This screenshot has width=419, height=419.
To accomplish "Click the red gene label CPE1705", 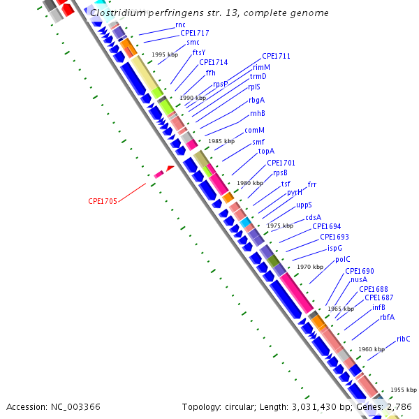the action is tap(102, 201).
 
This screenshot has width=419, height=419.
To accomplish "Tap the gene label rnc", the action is tap(180, 24).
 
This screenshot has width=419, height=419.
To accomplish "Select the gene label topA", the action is tap(266, 151).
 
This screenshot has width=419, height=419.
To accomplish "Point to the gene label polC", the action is tap(342, 259).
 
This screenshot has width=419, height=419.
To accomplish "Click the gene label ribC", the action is tap(404, 339).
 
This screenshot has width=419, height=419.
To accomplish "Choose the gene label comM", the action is tap(254, 130).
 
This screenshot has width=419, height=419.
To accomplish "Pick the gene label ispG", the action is tap(335, 248).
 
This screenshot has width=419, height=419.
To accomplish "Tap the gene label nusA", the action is tap(359, 279).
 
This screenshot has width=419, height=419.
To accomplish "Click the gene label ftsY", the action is tap(199, 52).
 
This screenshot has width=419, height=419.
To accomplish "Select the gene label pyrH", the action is tap(295, 192).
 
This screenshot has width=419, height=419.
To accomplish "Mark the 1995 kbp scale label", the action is tap(165, 54).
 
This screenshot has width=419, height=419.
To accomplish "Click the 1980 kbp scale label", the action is tap(249, 183).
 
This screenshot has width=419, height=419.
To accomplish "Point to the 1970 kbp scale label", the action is tap(310, 267).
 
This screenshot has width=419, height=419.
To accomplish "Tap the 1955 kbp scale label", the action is tap(403, 390).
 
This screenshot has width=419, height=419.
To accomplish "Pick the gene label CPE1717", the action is tap(194, 33).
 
